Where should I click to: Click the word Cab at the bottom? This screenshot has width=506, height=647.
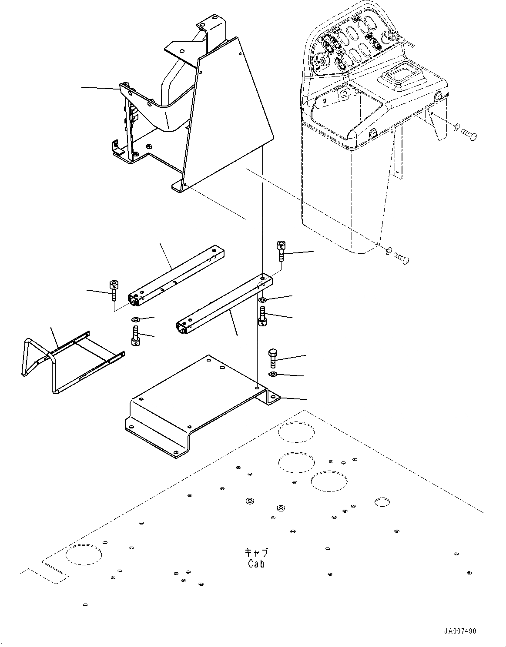(256, 564)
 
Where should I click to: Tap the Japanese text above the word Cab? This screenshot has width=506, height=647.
(256, 553)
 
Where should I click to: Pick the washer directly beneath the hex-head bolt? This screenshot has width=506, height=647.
(272, 374)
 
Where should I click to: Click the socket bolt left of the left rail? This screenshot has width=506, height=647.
(113, 290)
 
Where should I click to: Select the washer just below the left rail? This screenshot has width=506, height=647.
(136, 320)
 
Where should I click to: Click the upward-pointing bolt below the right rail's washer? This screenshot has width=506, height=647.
(262, 316)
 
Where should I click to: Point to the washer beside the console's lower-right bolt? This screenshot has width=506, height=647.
(388, 250)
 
